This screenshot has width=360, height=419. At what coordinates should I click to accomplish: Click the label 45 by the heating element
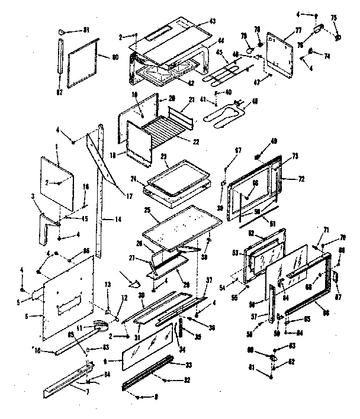[x=218, y=51]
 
